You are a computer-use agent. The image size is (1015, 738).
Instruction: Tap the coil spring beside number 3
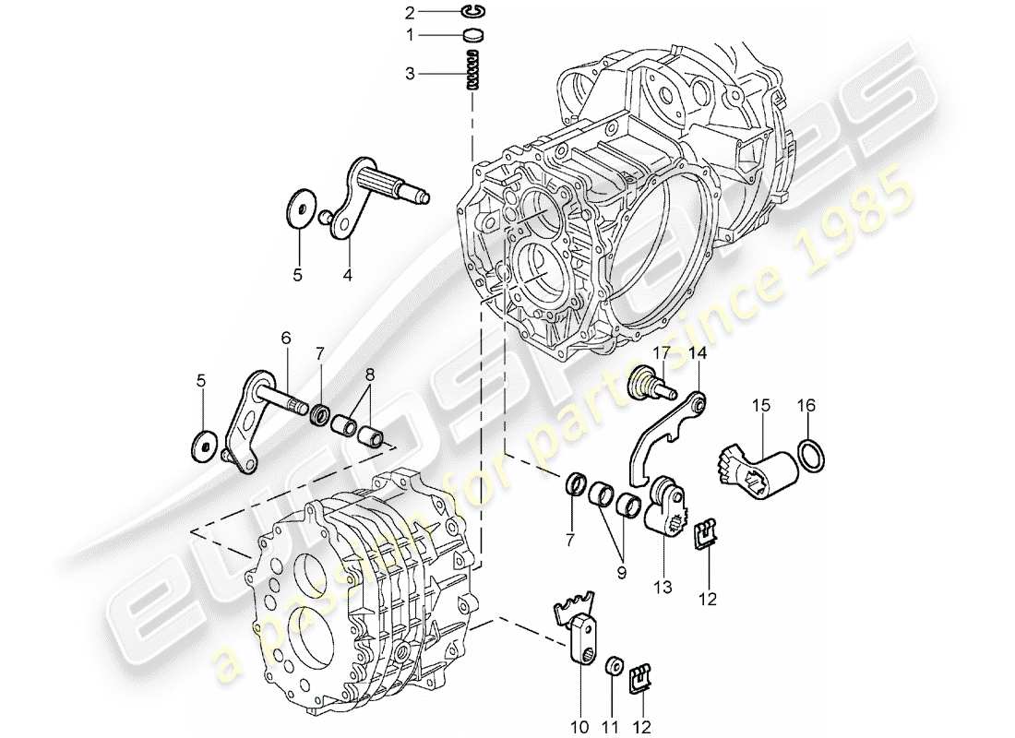pos(474,70)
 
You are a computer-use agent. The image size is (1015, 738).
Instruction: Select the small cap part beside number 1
pos(473,36)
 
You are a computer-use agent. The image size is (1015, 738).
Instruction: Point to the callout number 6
pos(286,339)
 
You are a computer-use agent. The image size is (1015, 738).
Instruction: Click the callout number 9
pos(620,573)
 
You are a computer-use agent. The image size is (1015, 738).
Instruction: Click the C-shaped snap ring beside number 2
pos(473,11)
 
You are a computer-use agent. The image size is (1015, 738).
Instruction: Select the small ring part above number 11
pos(611,666)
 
